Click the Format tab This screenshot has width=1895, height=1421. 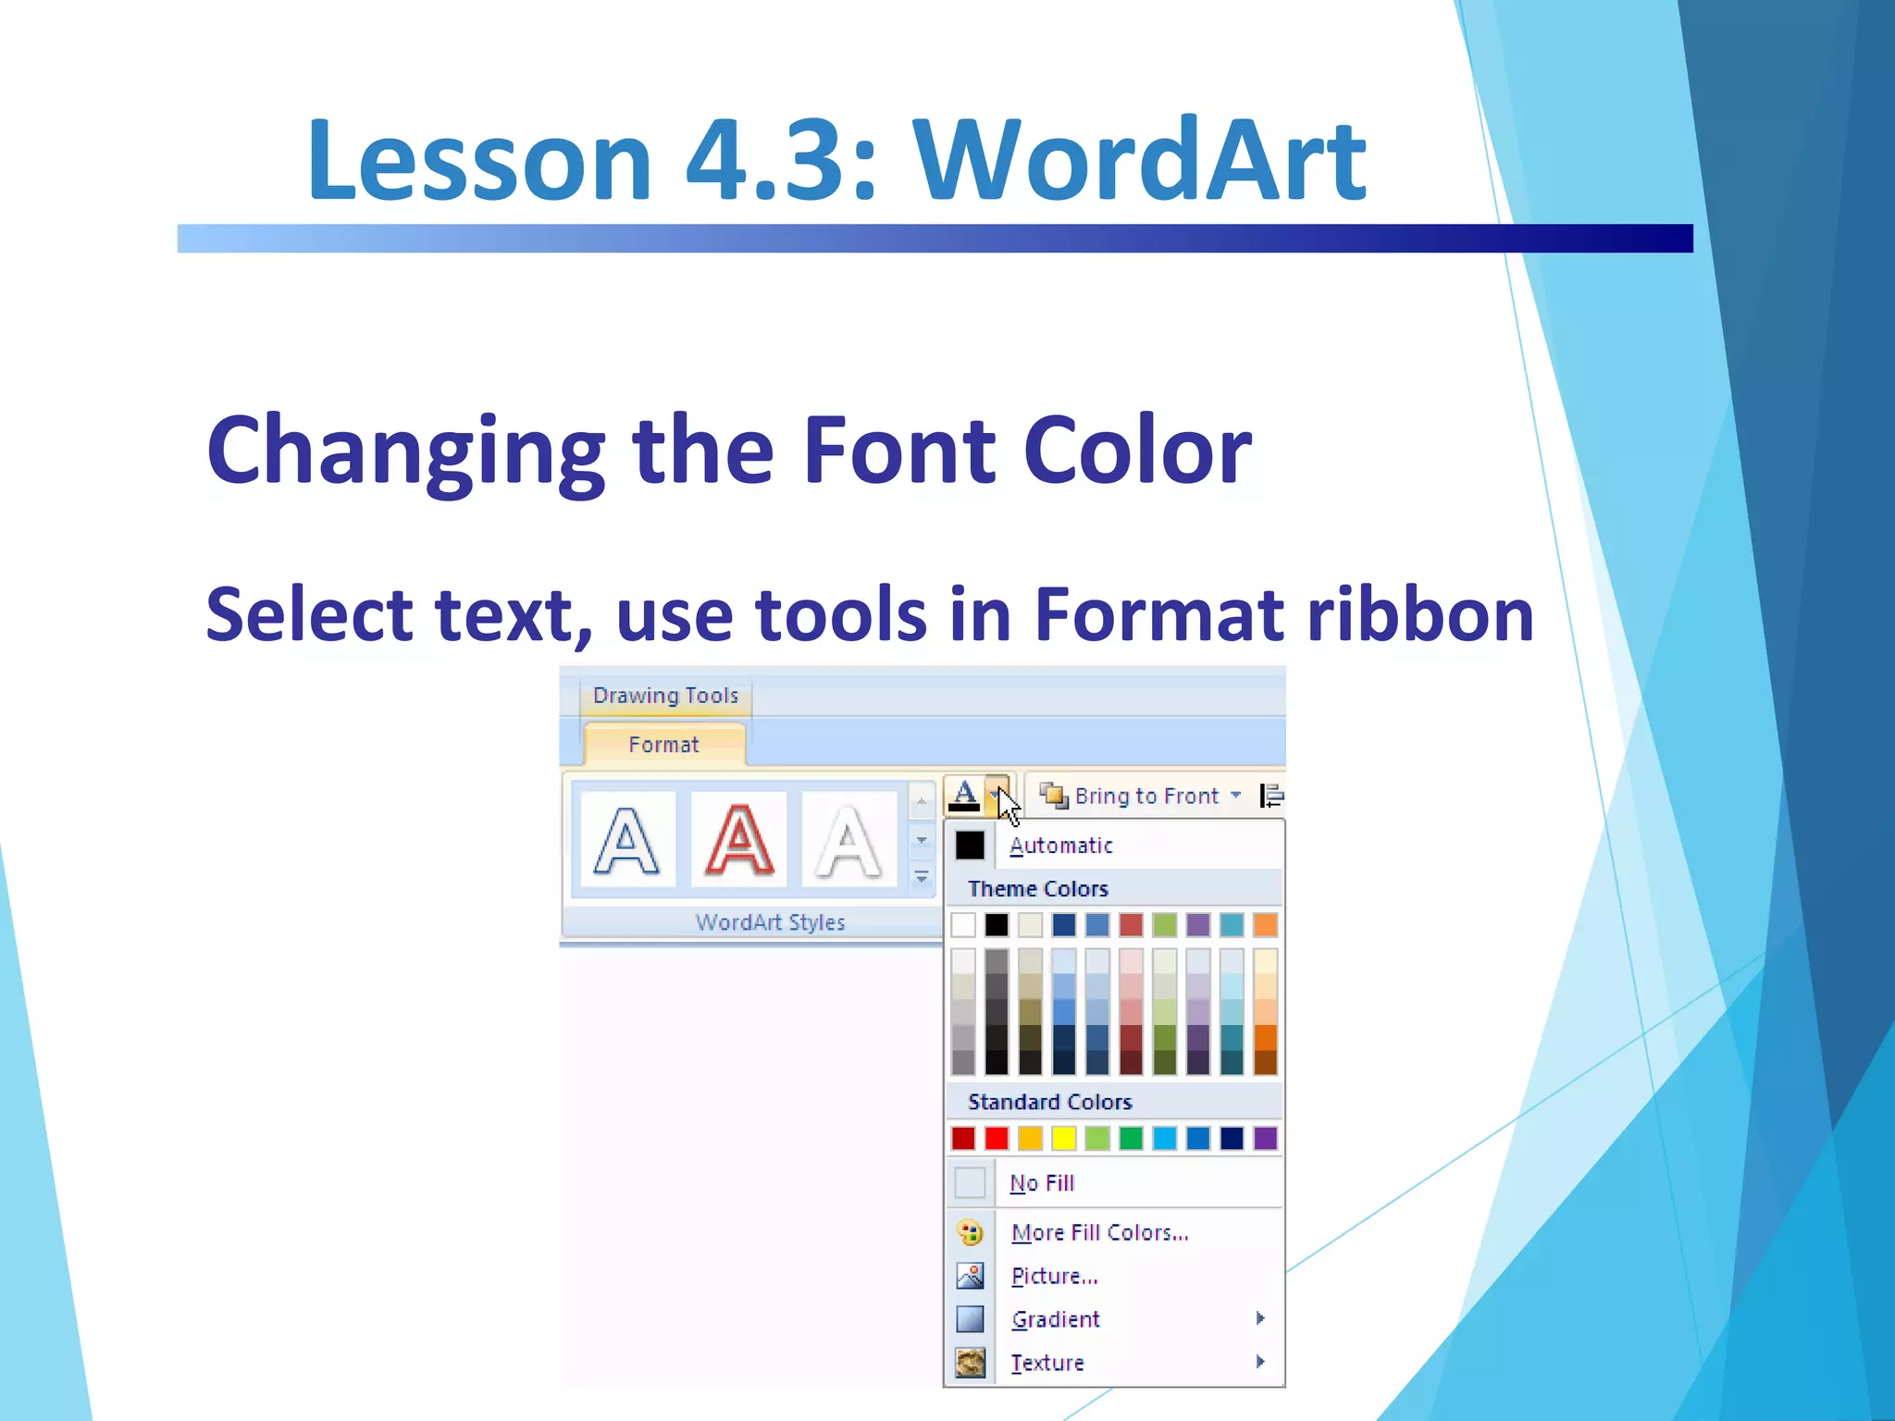tap(663, 745)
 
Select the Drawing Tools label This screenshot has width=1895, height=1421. tap(665, 696)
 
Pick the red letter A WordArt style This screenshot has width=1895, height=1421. tap(738, 840)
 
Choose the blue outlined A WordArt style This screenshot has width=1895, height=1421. tap(626, 840)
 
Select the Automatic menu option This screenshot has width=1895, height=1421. tap(1060, 846)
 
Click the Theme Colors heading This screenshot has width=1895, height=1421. tap(1037, 889)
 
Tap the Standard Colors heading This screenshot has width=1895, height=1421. tap(1049, 1102)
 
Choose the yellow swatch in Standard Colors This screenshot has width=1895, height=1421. tap(1064, 1138)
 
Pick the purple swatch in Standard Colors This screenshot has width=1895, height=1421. tap(1265, 1138)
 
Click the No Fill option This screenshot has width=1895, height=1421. tap(1042, 1183)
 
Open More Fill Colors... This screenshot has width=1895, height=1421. tap(1099, 1232)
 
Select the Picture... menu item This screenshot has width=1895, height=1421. tap(1054, 1277)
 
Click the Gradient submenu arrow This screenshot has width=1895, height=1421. tap(1260, 1318)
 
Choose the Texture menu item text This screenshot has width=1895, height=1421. tap(1047, 1363)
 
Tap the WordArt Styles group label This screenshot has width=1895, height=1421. tap(770, 922)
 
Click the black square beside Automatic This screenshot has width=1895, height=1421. tap(970, 846)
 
